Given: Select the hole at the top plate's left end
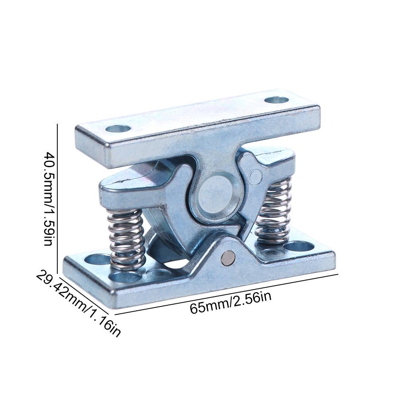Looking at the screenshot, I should (118, 129).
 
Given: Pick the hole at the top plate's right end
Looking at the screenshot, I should (276, 99).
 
